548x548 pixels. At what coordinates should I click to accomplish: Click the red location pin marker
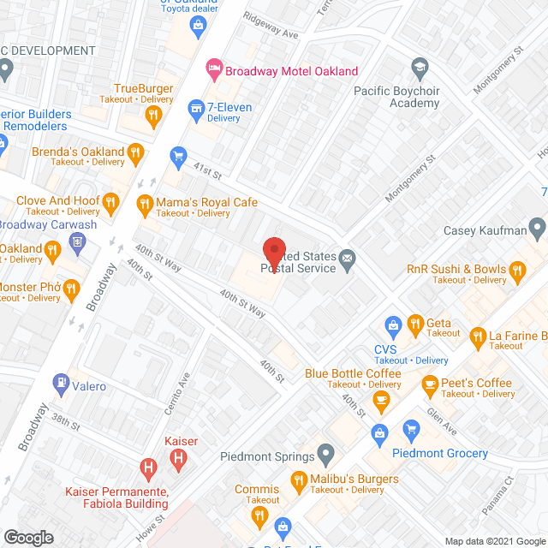pyautogui.click(x=273, y=250)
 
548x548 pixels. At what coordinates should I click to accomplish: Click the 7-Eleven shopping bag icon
pyautogui.click(x=194, y=108)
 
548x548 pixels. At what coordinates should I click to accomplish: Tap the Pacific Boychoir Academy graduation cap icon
pyautogui.click(x=420, y=67)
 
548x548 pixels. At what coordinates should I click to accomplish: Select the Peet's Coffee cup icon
pyautogui.click(x=429, y=387)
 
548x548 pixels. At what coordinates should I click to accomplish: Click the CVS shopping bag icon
pyautogui.click(x=393, y=325)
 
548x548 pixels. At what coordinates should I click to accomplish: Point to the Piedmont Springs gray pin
pyautogui.click(x=325, y=451)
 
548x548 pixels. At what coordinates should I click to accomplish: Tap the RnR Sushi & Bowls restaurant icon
pyautogui.click(x=516, y=272)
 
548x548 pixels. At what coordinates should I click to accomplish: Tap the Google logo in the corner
pyautogui.click(x=28, y=538)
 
